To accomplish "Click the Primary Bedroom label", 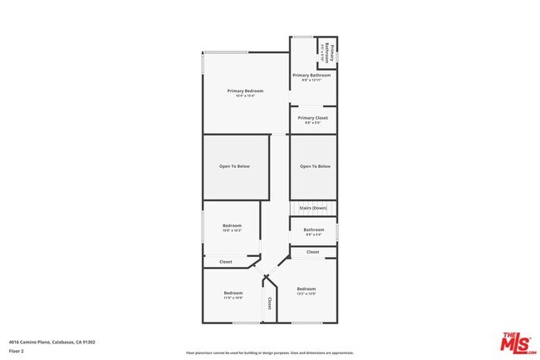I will (246, 90).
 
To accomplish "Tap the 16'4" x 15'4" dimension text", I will (246, 96).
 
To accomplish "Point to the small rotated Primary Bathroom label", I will (328, 52).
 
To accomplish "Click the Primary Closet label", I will (313, 118).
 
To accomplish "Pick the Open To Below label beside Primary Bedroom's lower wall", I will (234, 166).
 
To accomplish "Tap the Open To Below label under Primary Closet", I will (315, 166).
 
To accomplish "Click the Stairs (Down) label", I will (313, 208).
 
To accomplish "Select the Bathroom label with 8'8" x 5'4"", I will (313, 229).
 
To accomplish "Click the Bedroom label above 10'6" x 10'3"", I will (232, 225).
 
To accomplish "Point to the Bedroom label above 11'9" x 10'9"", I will (233, 293).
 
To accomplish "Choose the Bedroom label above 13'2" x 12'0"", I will (306, 288).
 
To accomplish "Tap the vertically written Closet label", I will (269, 304).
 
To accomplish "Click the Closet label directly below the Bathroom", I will (313, 251).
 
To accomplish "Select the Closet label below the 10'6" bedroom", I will (225, 262).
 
